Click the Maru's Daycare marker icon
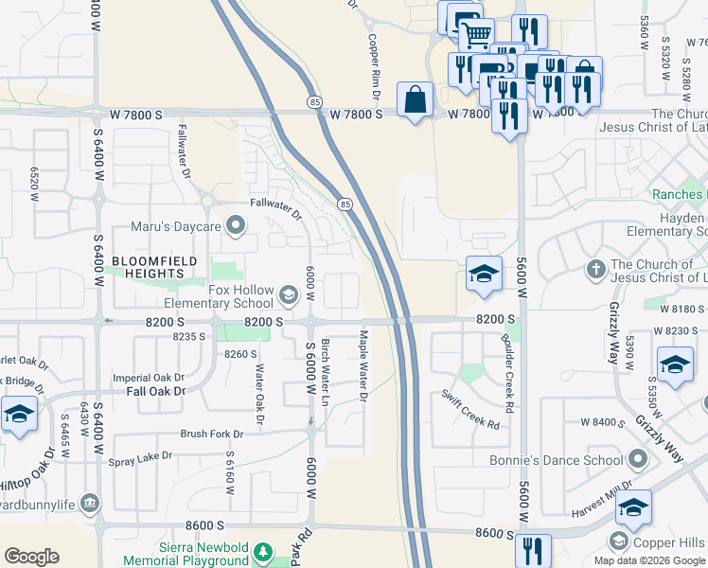click(x=236, y=225)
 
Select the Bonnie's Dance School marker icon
click(x=638, y=460)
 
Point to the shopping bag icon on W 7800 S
click(x=416, y=99)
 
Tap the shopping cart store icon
click(x=476, y=35)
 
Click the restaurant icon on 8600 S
click(x=533, y=549)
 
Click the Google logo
click(x=31, y=557)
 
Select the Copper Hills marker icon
click(x=618, y=541)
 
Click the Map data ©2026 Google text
click(x=649, y=560)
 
